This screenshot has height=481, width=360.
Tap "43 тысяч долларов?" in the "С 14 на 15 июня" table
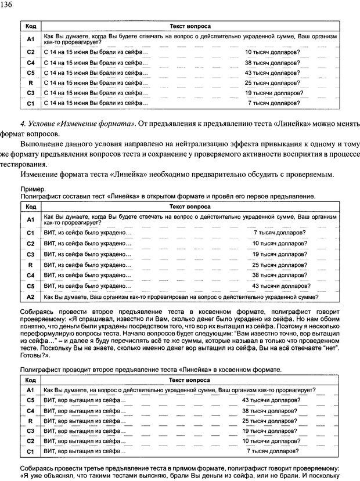click(272, 73)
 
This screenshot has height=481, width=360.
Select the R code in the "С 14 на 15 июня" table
click(31, 82)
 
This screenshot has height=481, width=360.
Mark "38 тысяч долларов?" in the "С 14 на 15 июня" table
click(272, 62)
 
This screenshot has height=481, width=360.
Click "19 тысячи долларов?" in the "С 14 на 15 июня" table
click(272, 93)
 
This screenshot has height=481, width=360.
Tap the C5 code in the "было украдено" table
click(31, 285)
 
